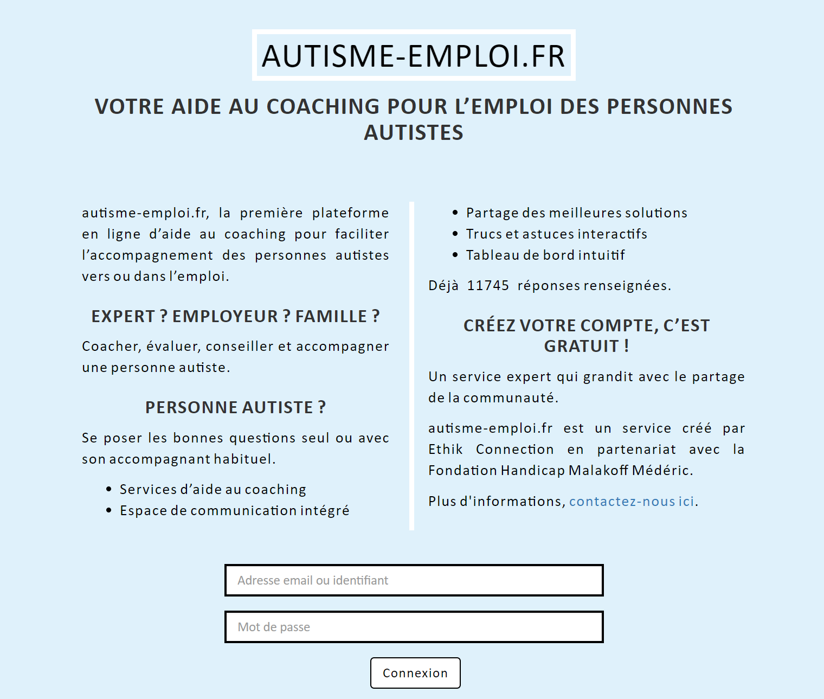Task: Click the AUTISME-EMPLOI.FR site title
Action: [414, 55]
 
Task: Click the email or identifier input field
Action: [414, 580]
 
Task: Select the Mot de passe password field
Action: [414, 627]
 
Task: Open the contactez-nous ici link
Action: [632, 501]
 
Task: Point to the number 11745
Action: [488, 285]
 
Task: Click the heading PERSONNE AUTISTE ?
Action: [235, 407]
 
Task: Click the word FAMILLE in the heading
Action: [331, 316]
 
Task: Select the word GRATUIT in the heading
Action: [581, 346]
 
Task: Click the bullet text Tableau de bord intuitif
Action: [545, 255]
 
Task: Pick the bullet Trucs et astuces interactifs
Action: [556, 234]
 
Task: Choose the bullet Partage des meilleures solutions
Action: [576, 213]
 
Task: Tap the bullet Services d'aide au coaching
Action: [213, 489]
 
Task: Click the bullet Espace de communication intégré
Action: [234, 510]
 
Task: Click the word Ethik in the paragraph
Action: [445, 449]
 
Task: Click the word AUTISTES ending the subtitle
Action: [414, 132]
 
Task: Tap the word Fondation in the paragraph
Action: [462, 470]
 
